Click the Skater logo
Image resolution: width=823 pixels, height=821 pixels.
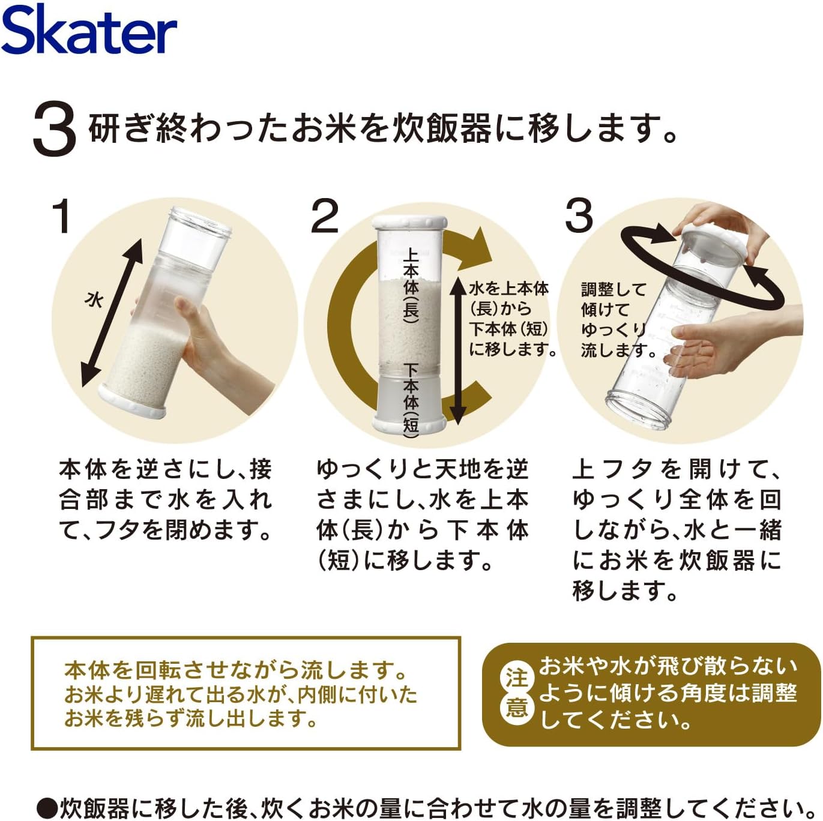(x=89, y=31)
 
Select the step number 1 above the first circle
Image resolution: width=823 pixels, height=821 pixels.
(x=62, y=215)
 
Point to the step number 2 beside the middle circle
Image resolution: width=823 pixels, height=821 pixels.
(x=325, y=215)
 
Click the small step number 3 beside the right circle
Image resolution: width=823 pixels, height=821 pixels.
(x=579, y=215)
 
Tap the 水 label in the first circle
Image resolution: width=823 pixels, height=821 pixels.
(x=94, y=299)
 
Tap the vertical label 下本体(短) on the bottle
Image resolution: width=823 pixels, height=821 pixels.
(x=411, y=401)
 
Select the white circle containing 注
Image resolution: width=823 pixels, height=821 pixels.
(x=517, y=679)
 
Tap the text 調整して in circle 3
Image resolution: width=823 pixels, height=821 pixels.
(x=613, y=290)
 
